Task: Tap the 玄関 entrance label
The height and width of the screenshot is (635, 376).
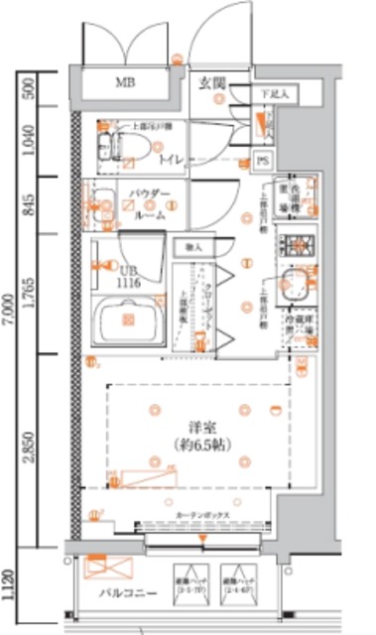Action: (x=209, y=81)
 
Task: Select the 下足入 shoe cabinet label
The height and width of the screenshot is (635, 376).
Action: (x=274, y=94)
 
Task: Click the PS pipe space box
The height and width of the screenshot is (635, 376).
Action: (x=262, y=159)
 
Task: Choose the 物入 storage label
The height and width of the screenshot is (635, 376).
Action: (x=191, y=245)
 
